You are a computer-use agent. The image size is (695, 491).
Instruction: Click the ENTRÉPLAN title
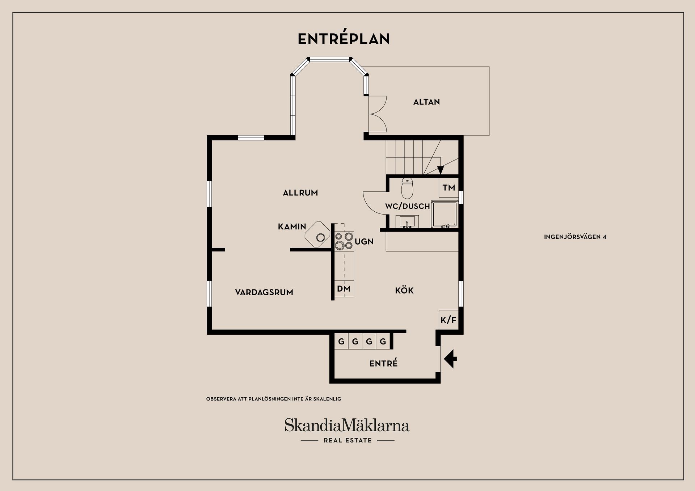(344, 39)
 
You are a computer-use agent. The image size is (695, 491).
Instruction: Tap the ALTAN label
(426, 102)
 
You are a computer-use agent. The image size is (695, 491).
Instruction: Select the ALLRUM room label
(300, 193)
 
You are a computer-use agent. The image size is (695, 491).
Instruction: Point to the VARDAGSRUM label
(264, 292)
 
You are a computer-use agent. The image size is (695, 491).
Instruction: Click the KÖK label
(404, 290)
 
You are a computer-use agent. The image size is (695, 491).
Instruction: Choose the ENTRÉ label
(383, 363)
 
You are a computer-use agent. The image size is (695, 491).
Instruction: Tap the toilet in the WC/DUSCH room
(407, 189)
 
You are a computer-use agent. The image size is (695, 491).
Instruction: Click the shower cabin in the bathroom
(445, 214)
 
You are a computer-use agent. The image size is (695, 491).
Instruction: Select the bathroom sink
(407, 222)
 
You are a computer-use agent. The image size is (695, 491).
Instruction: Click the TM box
(448, 187)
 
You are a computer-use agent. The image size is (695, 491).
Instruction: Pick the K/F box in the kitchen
(448, 320)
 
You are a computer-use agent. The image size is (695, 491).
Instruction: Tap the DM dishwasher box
(344, 289)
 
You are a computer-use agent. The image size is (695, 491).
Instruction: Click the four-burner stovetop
(344, 241)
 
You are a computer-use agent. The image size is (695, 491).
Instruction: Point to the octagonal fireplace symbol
(317, 234)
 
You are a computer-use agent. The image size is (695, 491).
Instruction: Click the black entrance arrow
(450, 359)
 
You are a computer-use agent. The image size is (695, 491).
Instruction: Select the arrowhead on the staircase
(441, 170)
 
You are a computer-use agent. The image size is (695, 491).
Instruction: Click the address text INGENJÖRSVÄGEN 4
(575, 237)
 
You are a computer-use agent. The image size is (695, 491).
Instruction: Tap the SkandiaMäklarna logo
(347, 430)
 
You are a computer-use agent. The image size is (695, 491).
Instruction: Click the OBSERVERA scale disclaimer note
(274, 399)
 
